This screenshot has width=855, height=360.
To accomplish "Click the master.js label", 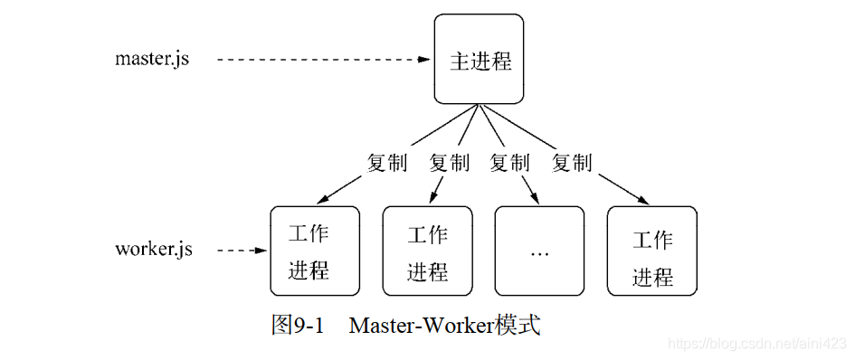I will [x=152, y=60].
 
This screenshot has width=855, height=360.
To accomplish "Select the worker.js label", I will [x=154, y=250].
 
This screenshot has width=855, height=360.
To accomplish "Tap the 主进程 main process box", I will [x=479, y=60].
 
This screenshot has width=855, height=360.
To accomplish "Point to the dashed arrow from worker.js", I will [x=241, y=251].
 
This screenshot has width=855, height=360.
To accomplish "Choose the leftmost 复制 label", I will [x=386, y=164].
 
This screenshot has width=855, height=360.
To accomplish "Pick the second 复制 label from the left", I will [x=449, y=164].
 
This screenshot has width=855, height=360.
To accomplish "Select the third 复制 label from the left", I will [x=509, y=164].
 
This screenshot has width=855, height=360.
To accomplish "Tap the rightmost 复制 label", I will [x=572, y=164].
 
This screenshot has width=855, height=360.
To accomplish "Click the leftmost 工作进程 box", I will [x=314, y=251].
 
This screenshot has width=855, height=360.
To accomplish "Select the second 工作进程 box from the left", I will [x=427, y=251].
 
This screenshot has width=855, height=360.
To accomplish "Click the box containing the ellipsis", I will [x=539, y=251].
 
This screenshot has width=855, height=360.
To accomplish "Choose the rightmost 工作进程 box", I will [x=651, y=251].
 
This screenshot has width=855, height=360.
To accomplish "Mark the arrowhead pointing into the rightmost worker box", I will [x=646, y=203].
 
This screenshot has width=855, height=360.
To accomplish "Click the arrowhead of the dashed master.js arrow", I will [x=425, y=60].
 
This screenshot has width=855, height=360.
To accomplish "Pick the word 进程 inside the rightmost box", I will [x=652, y=276].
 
